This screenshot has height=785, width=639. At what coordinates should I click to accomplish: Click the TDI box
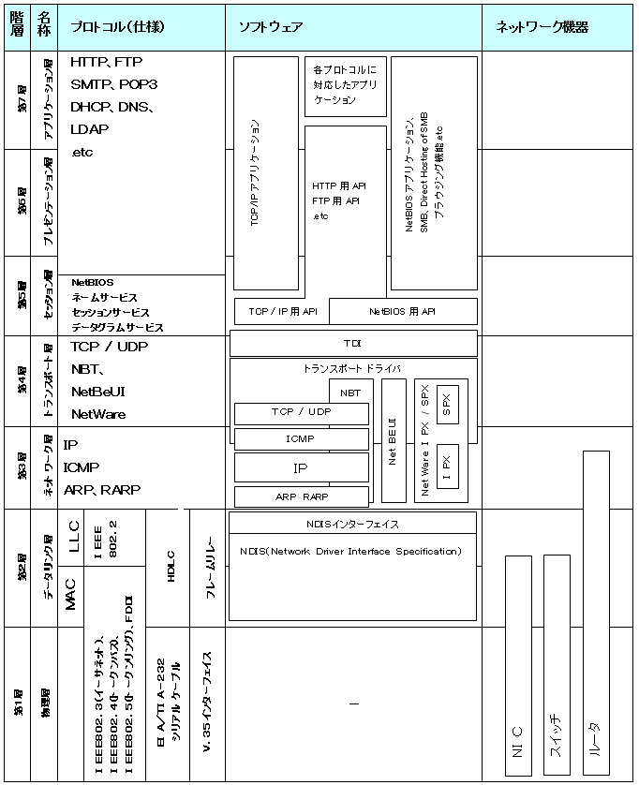pos(353,344)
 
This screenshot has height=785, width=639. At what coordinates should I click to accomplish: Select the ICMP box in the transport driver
pos(302,439)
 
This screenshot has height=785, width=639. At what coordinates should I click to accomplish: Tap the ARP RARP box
pos(302,497)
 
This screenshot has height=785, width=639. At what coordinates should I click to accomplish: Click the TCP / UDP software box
pos(302,413)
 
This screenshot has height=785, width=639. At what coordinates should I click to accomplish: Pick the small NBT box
pos(350,392)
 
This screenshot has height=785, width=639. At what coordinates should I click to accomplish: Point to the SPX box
pos(447,404)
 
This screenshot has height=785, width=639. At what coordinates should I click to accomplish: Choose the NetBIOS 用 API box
pos(403,311)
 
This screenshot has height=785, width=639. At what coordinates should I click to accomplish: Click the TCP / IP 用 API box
pos(282,311)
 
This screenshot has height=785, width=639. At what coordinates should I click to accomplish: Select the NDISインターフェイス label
pos(353,524)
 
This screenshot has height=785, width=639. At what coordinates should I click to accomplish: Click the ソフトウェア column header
pos(272,27)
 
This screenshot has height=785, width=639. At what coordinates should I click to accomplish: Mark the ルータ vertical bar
pos(596,614)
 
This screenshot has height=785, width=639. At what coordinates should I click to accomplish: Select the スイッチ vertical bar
pos(557,665)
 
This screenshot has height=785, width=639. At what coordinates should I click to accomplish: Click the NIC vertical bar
pos(518,665)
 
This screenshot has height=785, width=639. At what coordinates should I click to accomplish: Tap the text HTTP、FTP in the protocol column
pos(106,63)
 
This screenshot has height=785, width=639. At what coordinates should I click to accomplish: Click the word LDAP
pos(90,129)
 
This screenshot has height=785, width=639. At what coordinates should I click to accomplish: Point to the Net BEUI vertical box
pos(394,440)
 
